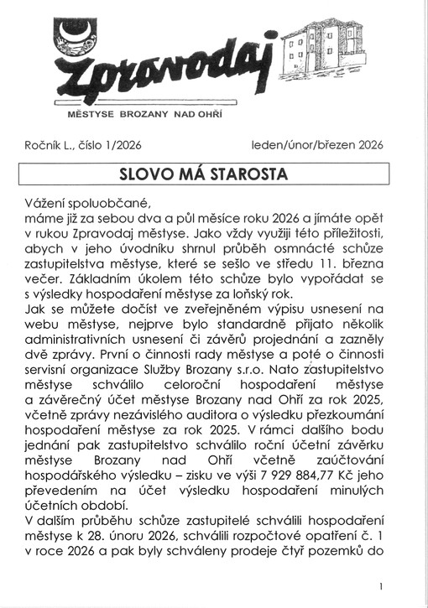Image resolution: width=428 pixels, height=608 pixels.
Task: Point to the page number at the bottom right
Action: pos(381,586)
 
